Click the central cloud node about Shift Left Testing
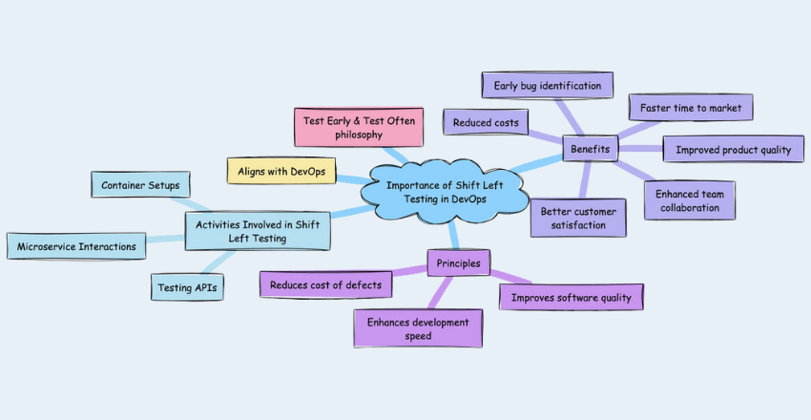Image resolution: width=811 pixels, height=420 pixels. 445,191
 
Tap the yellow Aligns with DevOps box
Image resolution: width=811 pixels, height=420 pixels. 282,170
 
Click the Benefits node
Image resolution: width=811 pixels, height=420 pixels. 590,149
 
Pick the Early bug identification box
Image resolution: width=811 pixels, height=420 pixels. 547,85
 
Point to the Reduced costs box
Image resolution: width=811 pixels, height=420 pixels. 486,121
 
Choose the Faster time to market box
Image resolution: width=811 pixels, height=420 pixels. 691,107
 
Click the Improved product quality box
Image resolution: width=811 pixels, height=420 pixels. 733,150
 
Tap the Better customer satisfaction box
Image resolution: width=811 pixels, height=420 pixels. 579,219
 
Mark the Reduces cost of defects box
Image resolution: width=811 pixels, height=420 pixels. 325,283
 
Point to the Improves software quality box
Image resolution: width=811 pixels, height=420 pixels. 571,297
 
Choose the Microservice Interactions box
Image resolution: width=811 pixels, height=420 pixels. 77,246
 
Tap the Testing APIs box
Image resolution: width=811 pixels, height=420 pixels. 187,286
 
